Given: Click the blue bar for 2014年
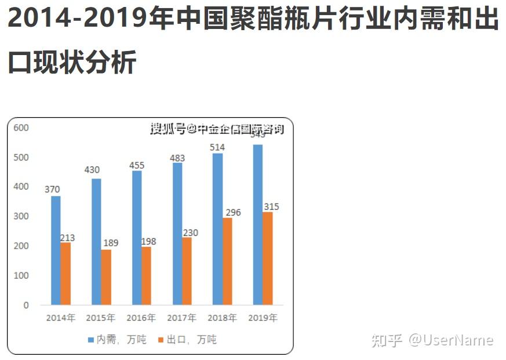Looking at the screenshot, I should click(56, 250).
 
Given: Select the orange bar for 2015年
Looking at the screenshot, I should click(106, 277).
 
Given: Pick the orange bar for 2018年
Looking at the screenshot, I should click(228, 261).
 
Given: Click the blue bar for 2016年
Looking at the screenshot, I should click(137, 238).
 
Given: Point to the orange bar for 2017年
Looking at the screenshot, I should click(187, 271).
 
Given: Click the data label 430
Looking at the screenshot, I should click(92, 170).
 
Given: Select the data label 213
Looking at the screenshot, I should click(67, 238).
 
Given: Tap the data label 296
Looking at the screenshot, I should click(232, 213).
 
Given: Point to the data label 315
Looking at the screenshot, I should click(271, 207).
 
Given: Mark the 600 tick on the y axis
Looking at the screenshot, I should click(21, 128).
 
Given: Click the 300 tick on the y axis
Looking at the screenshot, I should click(21, 216).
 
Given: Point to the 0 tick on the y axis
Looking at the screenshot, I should click(26, 305).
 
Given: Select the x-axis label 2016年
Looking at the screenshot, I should click(141, 318).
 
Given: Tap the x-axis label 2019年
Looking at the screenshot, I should click(263, 318).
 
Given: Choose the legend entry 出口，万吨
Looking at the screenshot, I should click(187, 340).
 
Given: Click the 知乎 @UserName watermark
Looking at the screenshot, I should click(432, 340).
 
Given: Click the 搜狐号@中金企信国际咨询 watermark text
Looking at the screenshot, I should click(217, 129).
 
